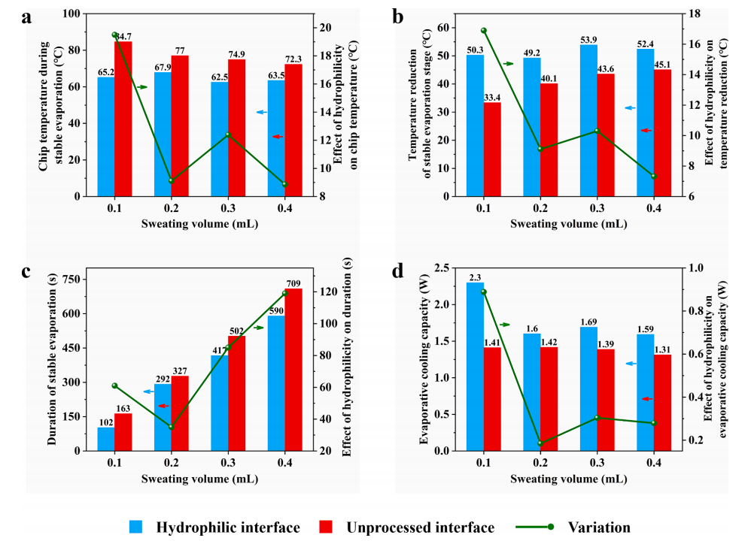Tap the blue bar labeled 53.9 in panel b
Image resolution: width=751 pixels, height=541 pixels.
(588, 120)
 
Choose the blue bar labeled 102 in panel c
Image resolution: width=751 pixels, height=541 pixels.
(106, 439)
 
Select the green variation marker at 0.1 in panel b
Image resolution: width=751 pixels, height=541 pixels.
(484, 31)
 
